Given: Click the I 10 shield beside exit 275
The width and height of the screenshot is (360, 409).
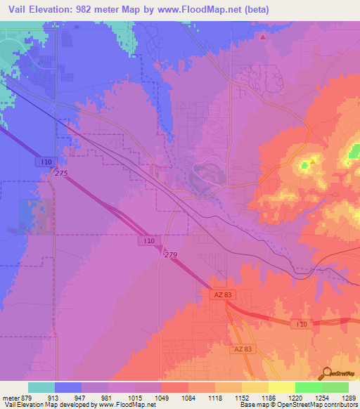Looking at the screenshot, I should coord(44,162).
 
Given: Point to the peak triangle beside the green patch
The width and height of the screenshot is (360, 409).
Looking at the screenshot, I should coord(313,160).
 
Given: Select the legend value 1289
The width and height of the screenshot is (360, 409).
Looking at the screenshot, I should coord(349,398).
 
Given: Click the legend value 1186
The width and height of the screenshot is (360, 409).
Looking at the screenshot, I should coord(269,398).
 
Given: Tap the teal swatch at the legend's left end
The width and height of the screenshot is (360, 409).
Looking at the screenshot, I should coord(41,387).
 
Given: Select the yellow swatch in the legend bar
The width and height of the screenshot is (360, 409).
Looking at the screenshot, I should coord(282,387).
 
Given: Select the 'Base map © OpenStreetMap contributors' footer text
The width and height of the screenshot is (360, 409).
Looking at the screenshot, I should coord(297,405).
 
